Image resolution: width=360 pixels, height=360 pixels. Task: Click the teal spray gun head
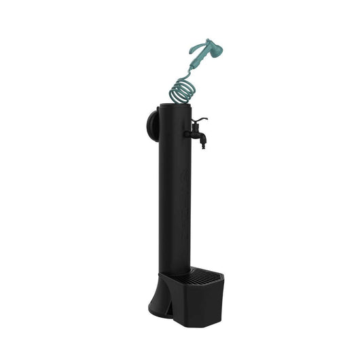point(207,48)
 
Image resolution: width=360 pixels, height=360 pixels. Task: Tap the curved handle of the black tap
point(200,122)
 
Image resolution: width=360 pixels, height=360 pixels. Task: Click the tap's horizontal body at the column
point(194,130)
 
